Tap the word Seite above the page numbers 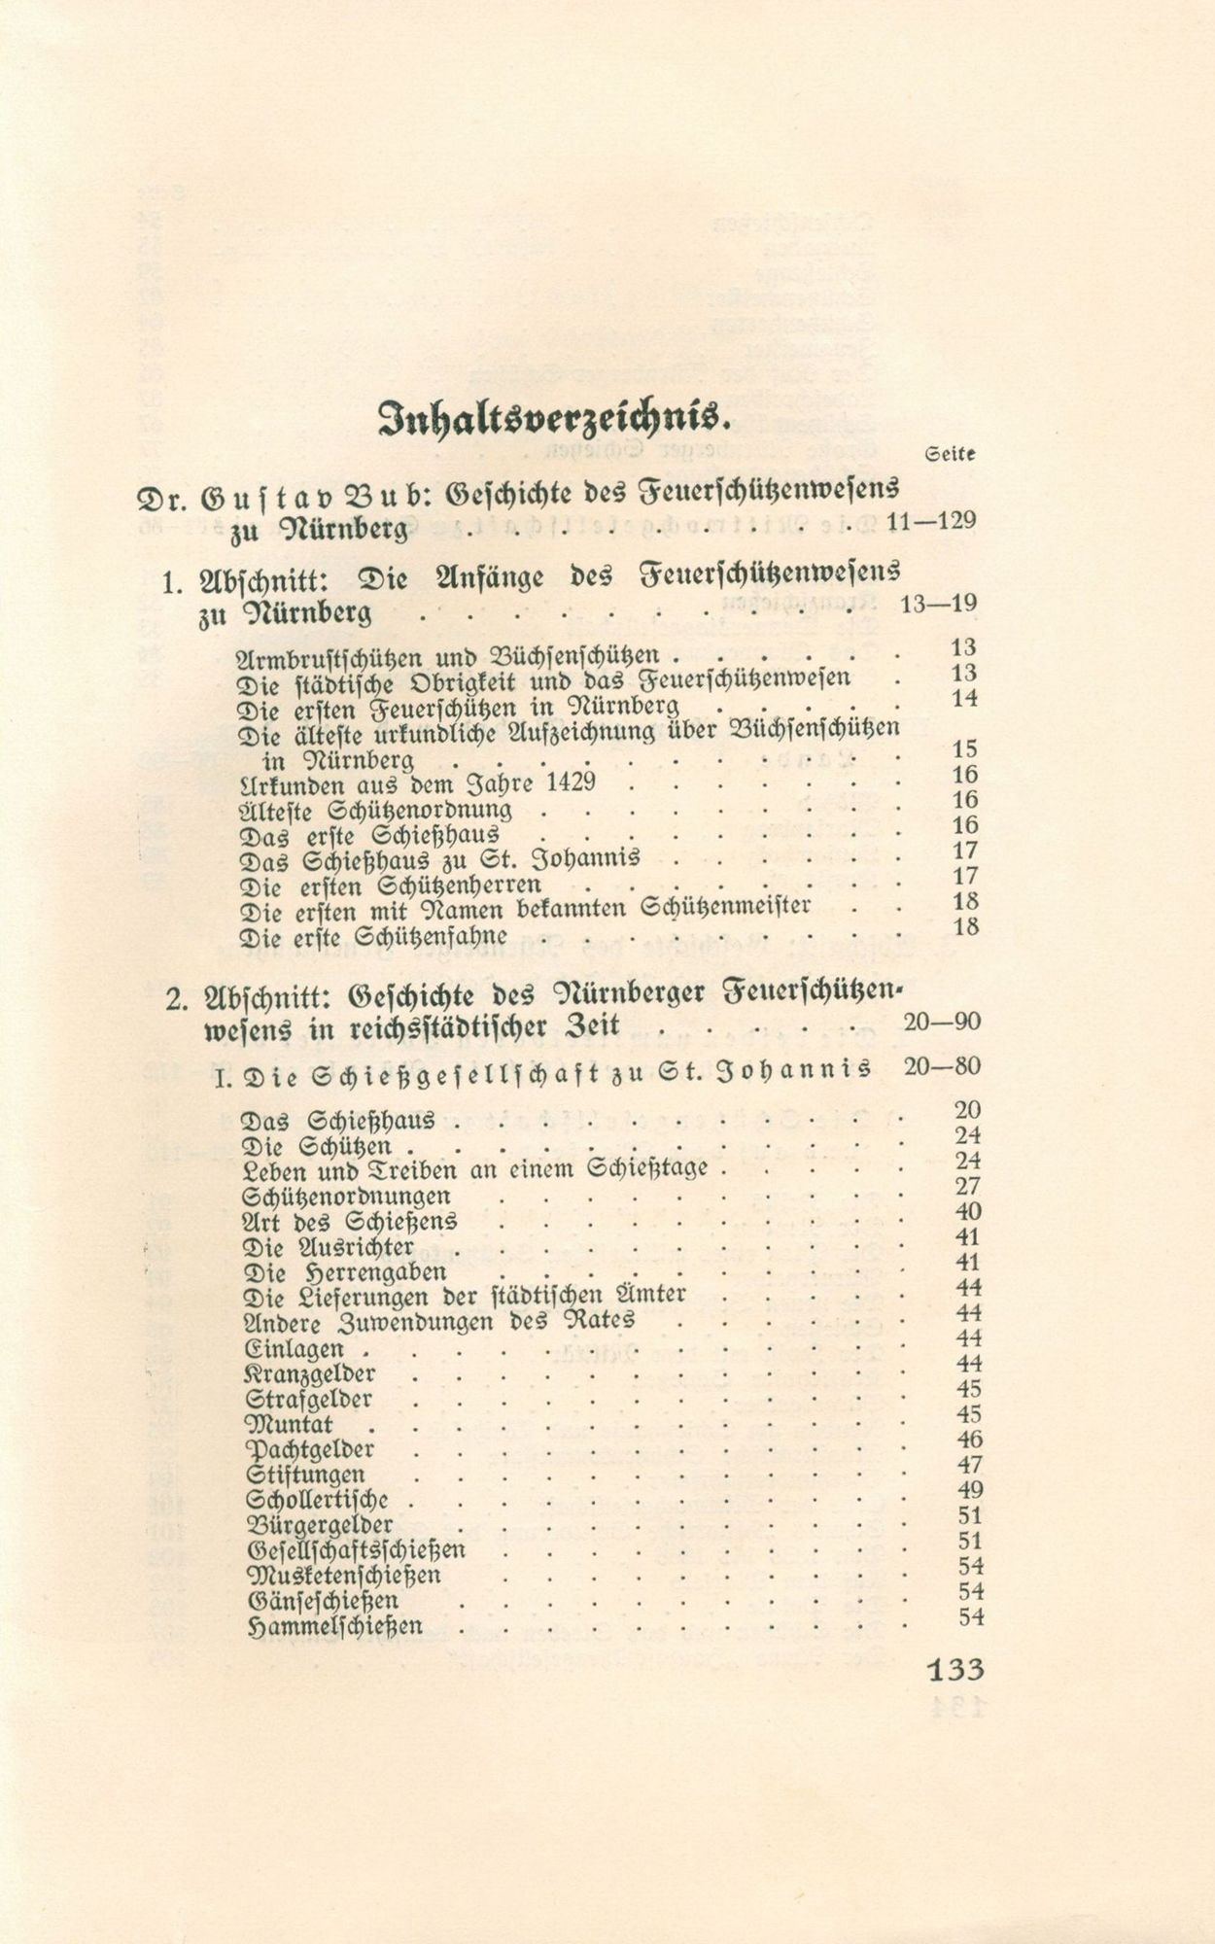tap(952, 454)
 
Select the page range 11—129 tap(930, 521)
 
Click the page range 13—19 tap(938, 604)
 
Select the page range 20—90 tap(940, 1022)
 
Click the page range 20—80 tap(940, 1066)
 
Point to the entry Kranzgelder tap(311, 1375)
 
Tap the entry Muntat tap(291, 1426)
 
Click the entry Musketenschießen tap(344, 1576)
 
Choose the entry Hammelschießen tap(335, 1626)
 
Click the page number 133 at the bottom tap(955, 1670)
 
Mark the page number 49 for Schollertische tap(969, 1490)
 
